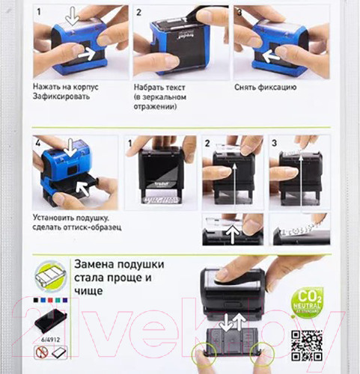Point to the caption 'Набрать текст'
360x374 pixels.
[161, 87]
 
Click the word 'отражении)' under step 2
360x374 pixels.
[156, 108]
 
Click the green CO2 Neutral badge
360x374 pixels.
[308, 299]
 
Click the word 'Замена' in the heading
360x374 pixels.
[94, 263]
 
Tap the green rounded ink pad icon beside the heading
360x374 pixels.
[49, 274]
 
